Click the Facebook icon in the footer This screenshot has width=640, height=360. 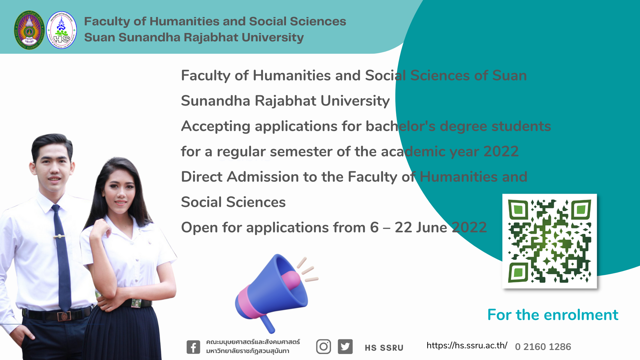(x=193, y=347)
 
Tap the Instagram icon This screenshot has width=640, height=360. (x=323, y=347)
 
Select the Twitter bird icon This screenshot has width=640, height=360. (x=345, y=347)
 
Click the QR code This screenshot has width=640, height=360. (x=549, y=241)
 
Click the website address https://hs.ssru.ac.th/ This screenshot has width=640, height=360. (x=467, y=345)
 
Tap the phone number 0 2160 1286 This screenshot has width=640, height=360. (x=543, y=347)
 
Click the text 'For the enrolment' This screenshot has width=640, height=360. (x=553, y=315)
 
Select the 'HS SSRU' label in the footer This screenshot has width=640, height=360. (x=384, y=348)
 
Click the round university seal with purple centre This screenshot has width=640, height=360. (x=29, y=30)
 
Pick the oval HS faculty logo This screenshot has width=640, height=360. (x=61, y=30)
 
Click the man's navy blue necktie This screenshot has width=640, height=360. (x=61, y=257)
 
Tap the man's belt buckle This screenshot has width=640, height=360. (x=64, y=316)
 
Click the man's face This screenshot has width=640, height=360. (x=54, y=168)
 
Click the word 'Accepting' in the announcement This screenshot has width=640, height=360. (x=216, y=127)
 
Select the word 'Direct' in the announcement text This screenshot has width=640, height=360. (x=202, y=177)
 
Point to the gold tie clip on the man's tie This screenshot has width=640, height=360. (x=59, y=236)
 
